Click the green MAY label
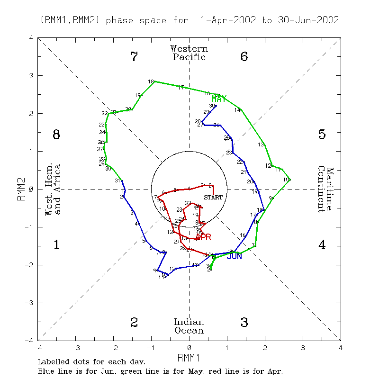(219, 99)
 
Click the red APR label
(203, 237)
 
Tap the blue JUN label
(235, 256)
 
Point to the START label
(213, 197)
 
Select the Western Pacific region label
(189, 53)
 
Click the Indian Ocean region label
(189, 326)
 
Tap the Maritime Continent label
(326, 189)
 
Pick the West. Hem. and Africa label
(53, 189)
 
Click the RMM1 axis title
(189, 357)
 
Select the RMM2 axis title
(21, 189)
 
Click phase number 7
(134, 57)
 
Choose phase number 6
(244, 57)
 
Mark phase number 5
(322, 135)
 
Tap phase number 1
(56, 245)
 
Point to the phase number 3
(244, 323)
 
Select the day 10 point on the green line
(290, 180)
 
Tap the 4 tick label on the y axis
(31, 38)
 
